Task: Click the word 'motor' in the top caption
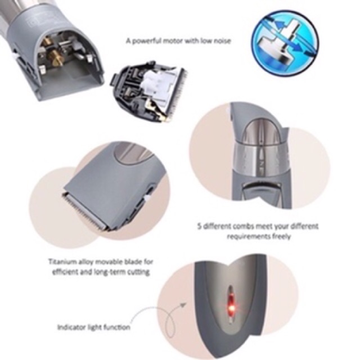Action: click(173, 41)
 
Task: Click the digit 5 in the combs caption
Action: click(199, 226)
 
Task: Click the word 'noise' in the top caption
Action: click(222, 41)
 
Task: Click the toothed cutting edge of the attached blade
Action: click(85, 211)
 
